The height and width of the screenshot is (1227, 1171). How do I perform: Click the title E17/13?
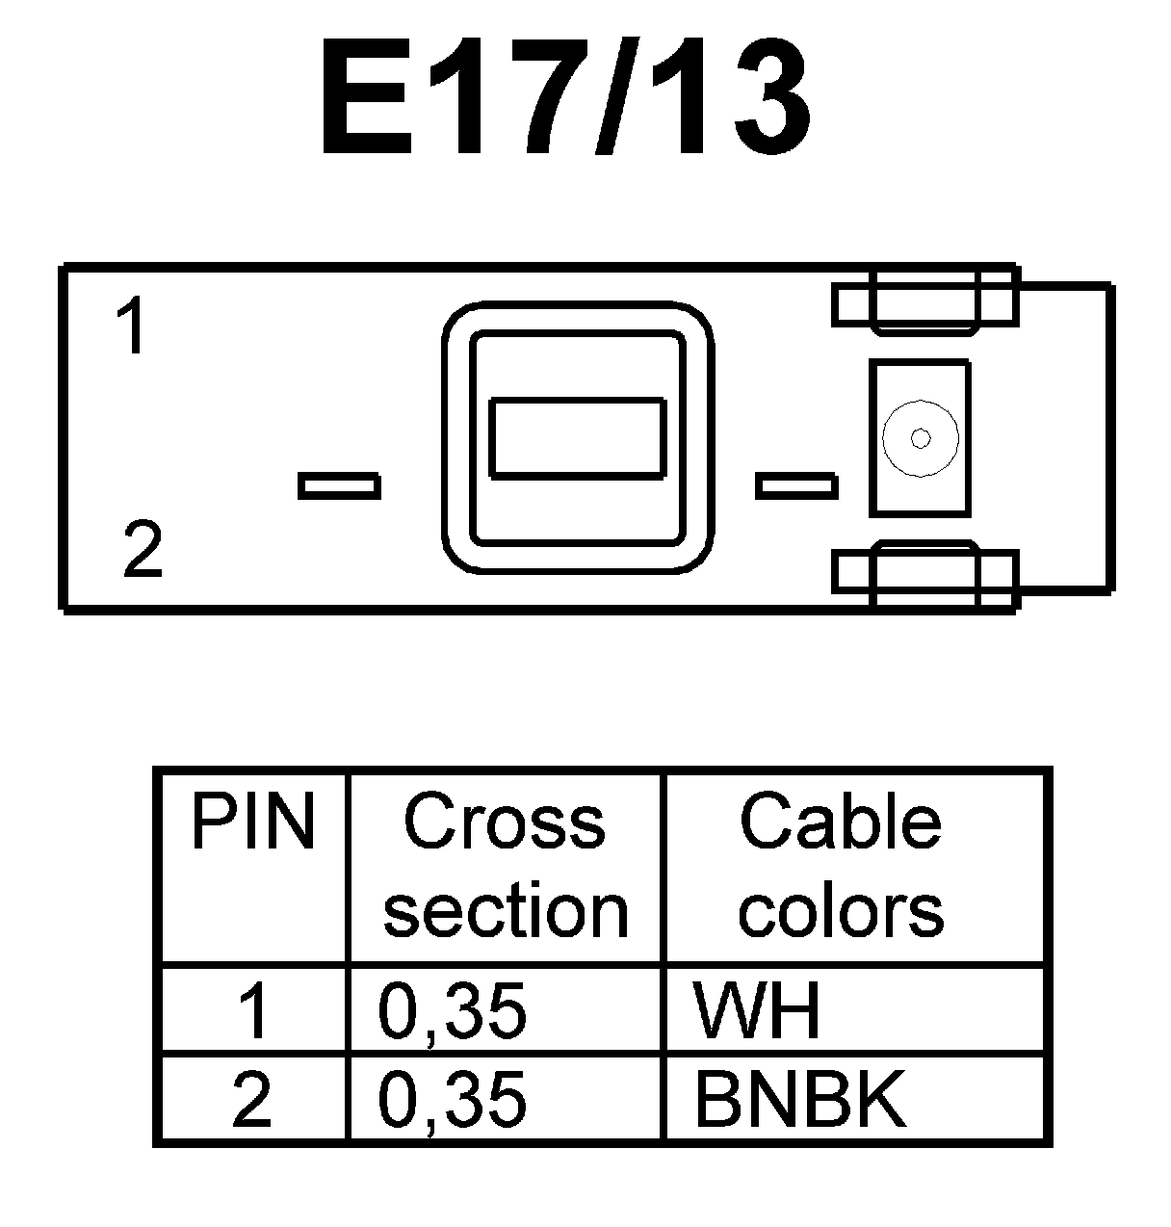pos(566,98)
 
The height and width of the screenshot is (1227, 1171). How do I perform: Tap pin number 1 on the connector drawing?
pos(131,326)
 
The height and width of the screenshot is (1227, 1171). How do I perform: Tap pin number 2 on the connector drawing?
pos(143,550)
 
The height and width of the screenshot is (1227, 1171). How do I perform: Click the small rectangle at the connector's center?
pos(577,438)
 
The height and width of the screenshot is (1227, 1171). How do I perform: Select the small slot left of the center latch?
pos(338,485)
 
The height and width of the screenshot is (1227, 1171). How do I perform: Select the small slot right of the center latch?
pos(795,485)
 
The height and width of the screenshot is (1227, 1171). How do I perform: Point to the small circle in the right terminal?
pos(921,438)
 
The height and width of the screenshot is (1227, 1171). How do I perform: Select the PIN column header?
pos(252,822)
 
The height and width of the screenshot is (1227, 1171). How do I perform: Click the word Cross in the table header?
pos(505,822)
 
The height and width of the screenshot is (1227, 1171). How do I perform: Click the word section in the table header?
pos(506,910)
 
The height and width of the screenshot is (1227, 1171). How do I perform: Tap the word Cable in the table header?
pos(840,822)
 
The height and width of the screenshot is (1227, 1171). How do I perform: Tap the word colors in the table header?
pos(840,910)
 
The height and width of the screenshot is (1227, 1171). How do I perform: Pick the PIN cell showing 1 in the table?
pos(252,1011)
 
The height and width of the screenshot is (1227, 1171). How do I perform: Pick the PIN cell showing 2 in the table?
pos(252,1099)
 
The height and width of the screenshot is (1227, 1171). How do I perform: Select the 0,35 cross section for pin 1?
pos(453,1011)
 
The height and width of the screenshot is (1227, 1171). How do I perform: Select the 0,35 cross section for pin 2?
pos(453,1099)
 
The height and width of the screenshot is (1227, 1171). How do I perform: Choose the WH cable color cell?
pos(757,1011)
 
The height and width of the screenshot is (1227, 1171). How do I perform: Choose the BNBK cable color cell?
pos(799,1099)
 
